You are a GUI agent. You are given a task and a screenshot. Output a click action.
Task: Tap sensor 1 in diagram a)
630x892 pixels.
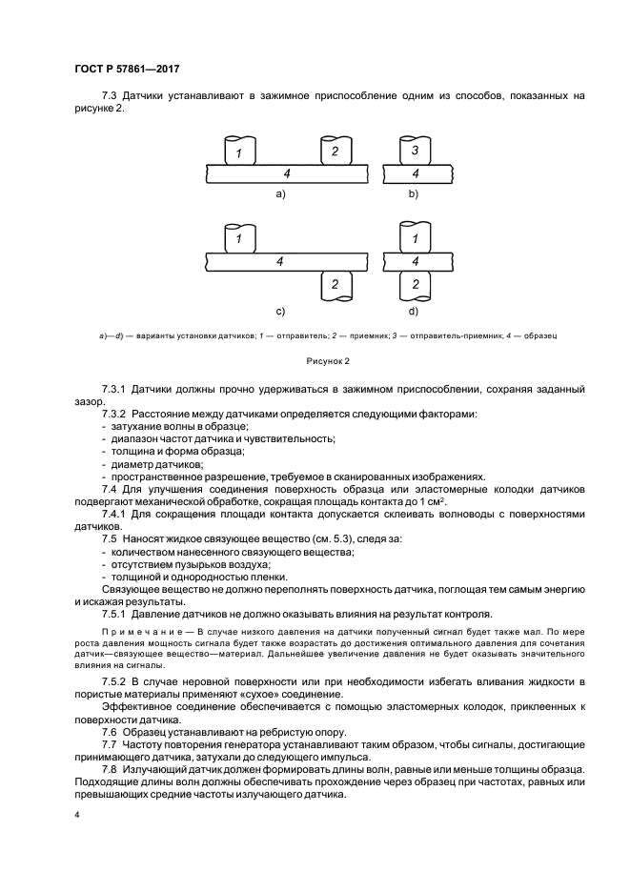pos(239,152)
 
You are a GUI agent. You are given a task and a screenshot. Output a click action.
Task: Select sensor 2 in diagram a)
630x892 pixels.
pos(334,152)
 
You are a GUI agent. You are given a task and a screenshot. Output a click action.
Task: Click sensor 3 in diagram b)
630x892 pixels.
pos(414,152)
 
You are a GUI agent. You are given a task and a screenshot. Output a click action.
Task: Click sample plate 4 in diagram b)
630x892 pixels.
pos(414,173)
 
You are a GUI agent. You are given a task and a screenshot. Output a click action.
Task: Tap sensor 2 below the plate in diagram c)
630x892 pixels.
pos(334,283)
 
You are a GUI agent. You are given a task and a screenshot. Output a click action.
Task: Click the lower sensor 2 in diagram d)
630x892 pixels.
pos(414,283)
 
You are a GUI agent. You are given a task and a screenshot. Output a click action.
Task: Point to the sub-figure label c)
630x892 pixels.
pos(280,312)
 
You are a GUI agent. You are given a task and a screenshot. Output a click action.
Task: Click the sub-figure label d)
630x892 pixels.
pos(414,312)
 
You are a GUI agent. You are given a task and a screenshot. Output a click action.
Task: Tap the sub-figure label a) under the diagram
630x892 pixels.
pos(280,193)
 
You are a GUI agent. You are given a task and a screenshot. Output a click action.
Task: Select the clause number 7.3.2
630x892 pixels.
pos(116,415)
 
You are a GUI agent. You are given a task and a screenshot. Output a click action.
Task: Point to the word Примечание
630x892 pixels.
pos(137,632)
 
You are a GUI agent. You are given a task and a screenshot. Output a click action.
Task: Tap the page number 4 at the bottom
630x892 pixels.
pos(76,816)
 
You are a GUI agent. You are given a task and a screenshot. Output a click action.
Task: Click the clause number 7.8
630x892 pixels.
pos(111,768)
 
